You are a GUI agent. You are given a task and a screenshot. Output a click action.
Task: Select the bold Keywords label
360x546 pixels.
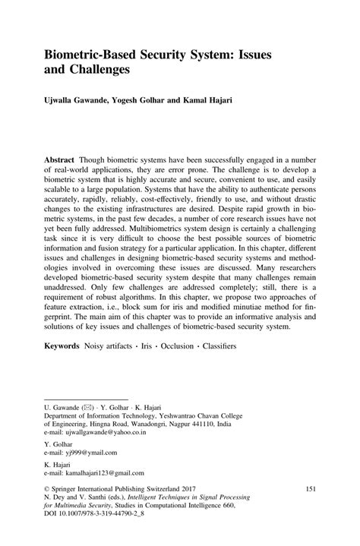click(x=64, y=345)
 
